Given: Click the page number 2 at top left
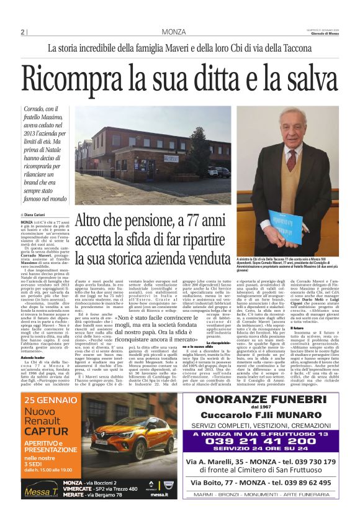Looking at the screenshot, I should [x=22, y=32].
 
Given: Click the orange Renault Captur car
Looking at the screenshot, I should [x=133, y=437].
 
